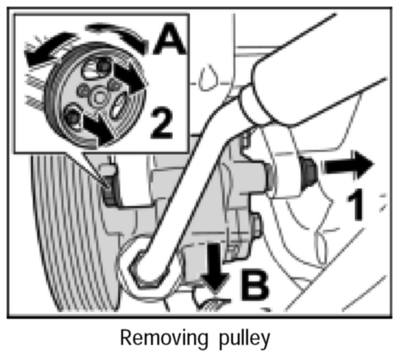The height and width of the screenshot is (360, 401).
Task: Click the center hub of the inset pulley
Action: (100, 97)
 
